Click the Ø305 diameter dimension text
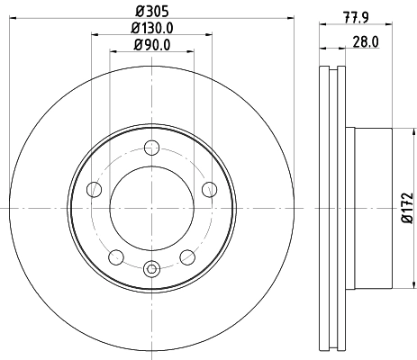click(x=151, y=12)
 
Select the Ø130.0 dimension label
click(x=151, y=29)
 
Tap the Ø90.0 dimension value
click(x=151, y=45)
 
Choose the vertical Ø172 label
click(x=406, y=209)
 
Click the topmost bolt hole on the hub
click(x=151, y=149)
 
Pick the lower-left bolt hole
click(x=115, y=257)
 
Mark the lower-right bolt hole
click(x=187, y=257)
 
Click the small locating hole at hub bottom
click(x=151, y=267)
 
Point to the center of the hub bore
click(x=151, y=209)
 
